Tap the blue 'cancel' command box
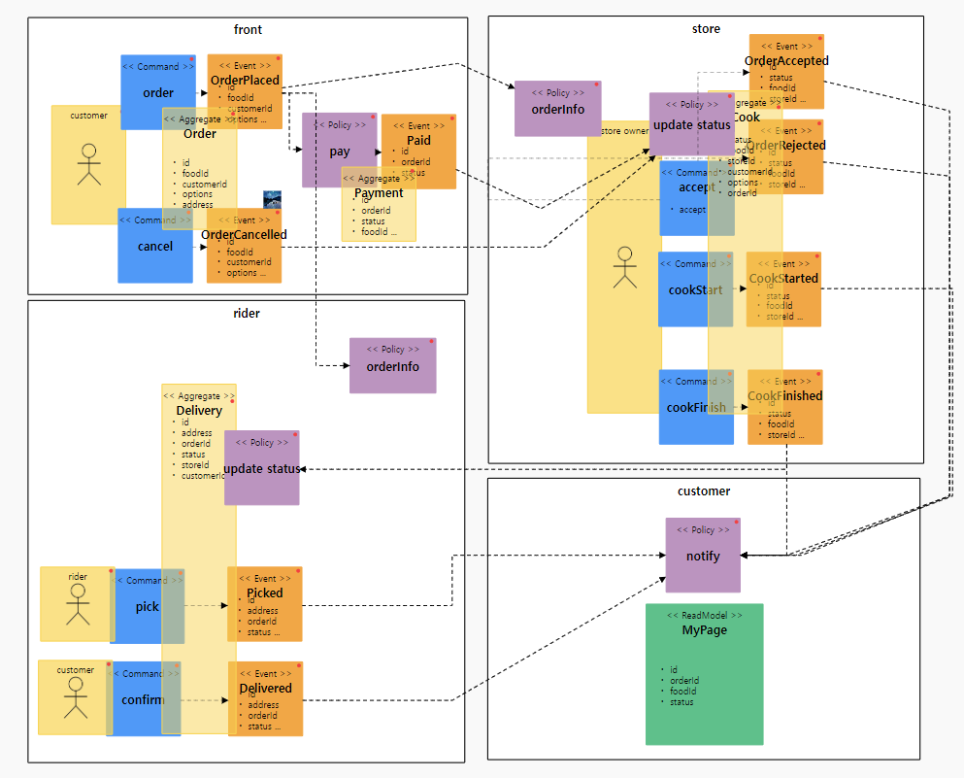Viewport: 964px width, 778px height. pyautogui.click(x=154, y=246)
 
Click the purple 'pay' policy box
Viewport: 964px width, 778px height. pyautogui.click(x=339, y=151)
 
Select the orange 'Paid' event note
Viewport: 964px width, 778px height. pyautogui.click(x=418, y=152)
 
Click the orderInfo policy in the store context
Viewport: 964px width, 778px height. pyautogui.click(x=557, y=109)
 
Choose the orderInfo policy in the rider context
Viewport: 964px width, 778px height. pyautogui.click(x=392, y=365)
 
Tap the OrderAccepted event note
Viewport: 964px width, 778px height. pyautogui.click(x=786, y=71)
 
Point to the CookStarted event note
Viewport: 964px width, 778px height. pyautogui.click(x=783, y=288)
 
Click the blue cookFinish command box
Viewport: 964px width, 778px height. pyautogui.click(x=695, y=407)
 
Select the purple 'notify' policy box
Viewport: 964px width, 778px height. pyautogui.click(x=702, y=555)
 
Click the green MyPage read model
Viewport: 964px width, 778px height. pyautogui.click(x=704, y=674)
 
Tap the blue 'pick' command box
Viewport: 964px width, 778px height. pyautogui.click(x=146, y=606)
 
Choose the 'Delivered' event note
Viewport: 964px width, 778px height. pyautogui.click(x=265, y=698)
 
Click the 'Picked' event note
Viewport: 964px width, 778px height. pyautogui.click(x=264, y=604)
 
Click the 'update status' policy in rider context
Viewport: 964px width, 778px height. pyautogui.click(x=261, y=468)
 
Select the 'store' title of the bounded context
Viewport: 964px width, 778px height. pyautogui.click(x=705, y=29)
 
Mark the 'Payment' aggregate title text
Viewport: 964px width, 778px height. pyautogui.click(x=378, y=193)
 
